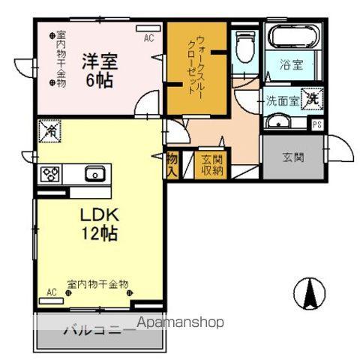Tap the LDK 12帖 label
pos(98,223)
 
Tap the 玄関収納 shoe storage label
pos(212,164)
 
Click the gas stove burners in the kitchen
pos(51,174)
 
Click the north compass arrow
pos(308,292)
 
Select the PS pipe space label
pos(317,125)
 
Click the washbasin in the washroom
pos(278,123)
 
